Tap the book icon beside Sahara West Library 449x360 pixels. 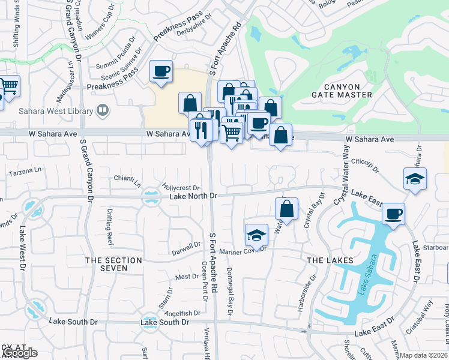coord(103,110)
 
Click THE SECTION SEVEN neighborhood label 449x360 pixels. coord(114,264)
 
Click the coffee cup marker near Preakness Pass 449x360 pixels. coord(161,72)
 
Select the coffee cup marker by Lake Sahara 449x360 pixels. coord(393,214)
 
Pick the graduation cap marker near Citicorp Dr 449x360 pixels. coord(415,179)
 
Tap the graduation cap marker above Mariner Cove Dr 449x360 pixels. coord(256,235)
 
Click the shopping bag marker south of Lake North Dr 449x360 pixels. coord(287,209)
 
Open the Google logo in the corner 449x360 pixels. coord(19,353)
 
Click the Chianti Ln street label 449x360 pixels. coord(127,179)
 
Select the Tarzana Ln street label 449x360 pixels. coord(27,172)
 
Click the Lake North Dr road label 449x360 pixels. coord(193,196)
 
